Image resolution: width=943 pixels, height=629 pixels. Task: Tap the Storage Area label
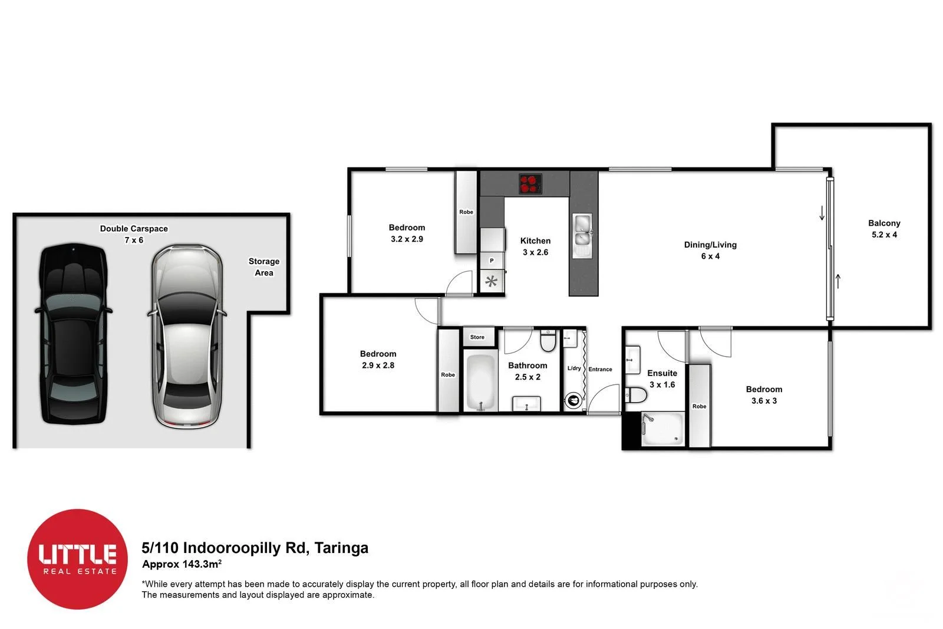point(263,267)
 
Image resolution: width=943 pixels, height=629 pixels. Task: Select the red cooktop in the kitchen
point(530,183)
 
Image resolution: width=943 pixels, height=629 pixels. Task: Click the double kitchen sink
point(583,235)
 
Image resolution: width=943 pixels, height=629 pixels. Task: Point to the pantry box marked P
point(492,261)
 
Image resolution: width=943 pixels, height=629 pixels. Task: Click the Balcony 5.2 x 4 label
point(883,229)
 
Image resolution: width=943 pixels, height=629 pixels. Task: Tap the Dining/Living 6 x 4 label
point(710,250)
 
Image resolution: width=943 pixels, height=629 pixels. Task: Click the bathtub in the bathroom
point(482,381)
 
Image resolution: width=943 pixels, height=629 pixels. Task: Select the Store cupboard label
point(477,337)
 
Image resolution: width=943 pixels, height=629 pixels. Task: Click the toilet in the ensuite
point(635,394)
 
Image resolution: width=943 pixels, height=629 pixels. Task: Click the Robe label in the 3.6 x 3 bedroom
point(699,406)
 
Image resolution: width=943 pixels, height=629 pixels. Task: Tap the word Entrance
point(600,369)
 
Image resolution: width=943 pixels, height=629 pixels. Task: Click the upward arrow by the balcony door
point(838,281)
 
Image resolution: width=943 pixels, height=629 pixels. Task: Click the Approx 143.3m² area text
point(182,564)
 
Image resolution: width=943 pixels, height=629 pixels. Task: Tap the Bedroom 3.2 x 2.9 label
point(407,233)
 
